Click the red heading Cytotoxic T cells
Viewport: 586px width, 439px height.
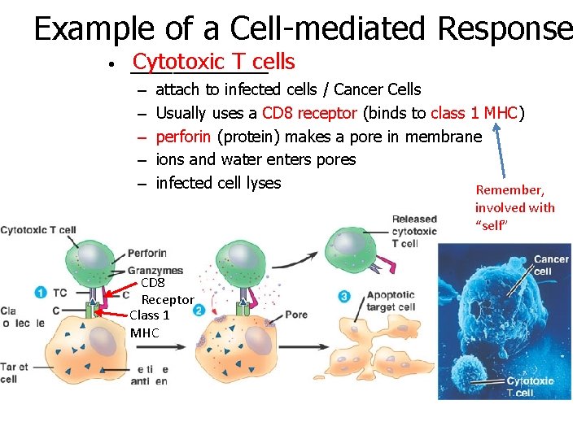point(213,62)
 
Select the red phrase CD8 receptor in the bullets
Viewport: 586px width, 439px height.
point(310,113)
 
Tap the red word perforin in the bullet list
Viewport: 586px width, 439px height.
point(184,137)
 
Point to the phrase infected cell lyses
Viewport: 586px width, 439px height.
point(218,183)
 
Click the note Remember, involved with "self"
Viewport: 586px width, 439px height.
point(514,206)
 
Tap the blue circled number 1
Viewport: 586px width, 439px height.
point(40,292)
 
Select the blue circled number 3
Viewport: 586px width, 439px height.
point(344,297)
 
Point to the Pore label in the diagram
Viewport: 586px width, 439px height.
point(296,314)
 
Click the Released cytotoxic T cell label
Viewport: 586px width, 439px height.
point(414,231)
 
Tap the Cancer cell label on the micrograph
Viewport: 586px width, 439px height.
point(551,265)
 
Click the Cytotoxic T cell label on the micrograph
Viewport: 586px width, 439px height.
point(529,386)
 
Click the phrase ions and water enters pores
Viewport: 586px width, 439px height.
point(256,159)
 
